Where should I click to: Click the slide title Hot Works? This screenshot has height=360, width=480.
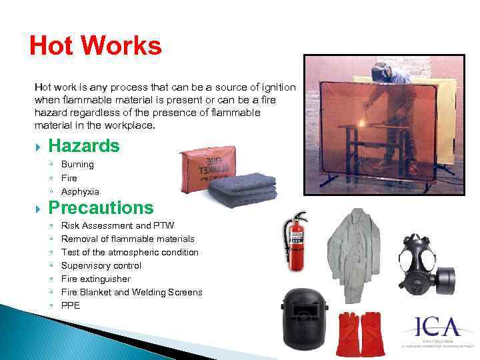point(95,47)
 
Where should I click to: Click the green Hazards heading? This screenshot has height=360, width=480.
point(84,146)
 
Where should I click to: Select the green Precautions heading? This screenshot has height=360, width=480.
point(101,208)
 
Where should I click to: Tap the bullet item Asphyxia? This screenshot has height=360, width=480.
point(80,191)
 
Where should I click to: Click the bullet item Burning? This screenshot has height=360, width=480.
point(77,164)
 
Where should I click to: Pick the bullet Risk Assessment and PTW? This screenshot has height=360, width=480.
point(117,225)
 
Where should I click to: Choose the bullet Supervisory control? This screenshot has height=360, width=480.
point(101,265)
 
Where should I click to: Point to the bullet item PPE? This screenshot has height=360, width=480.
point(70,305)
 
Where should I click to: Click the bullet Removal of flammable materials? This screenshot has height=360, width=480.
point(127,239)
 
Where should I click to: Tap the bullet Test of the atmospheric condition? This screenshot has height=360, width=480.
point(129,252)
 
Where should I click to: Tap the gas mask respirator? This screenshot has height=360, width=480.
point(423,263)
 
